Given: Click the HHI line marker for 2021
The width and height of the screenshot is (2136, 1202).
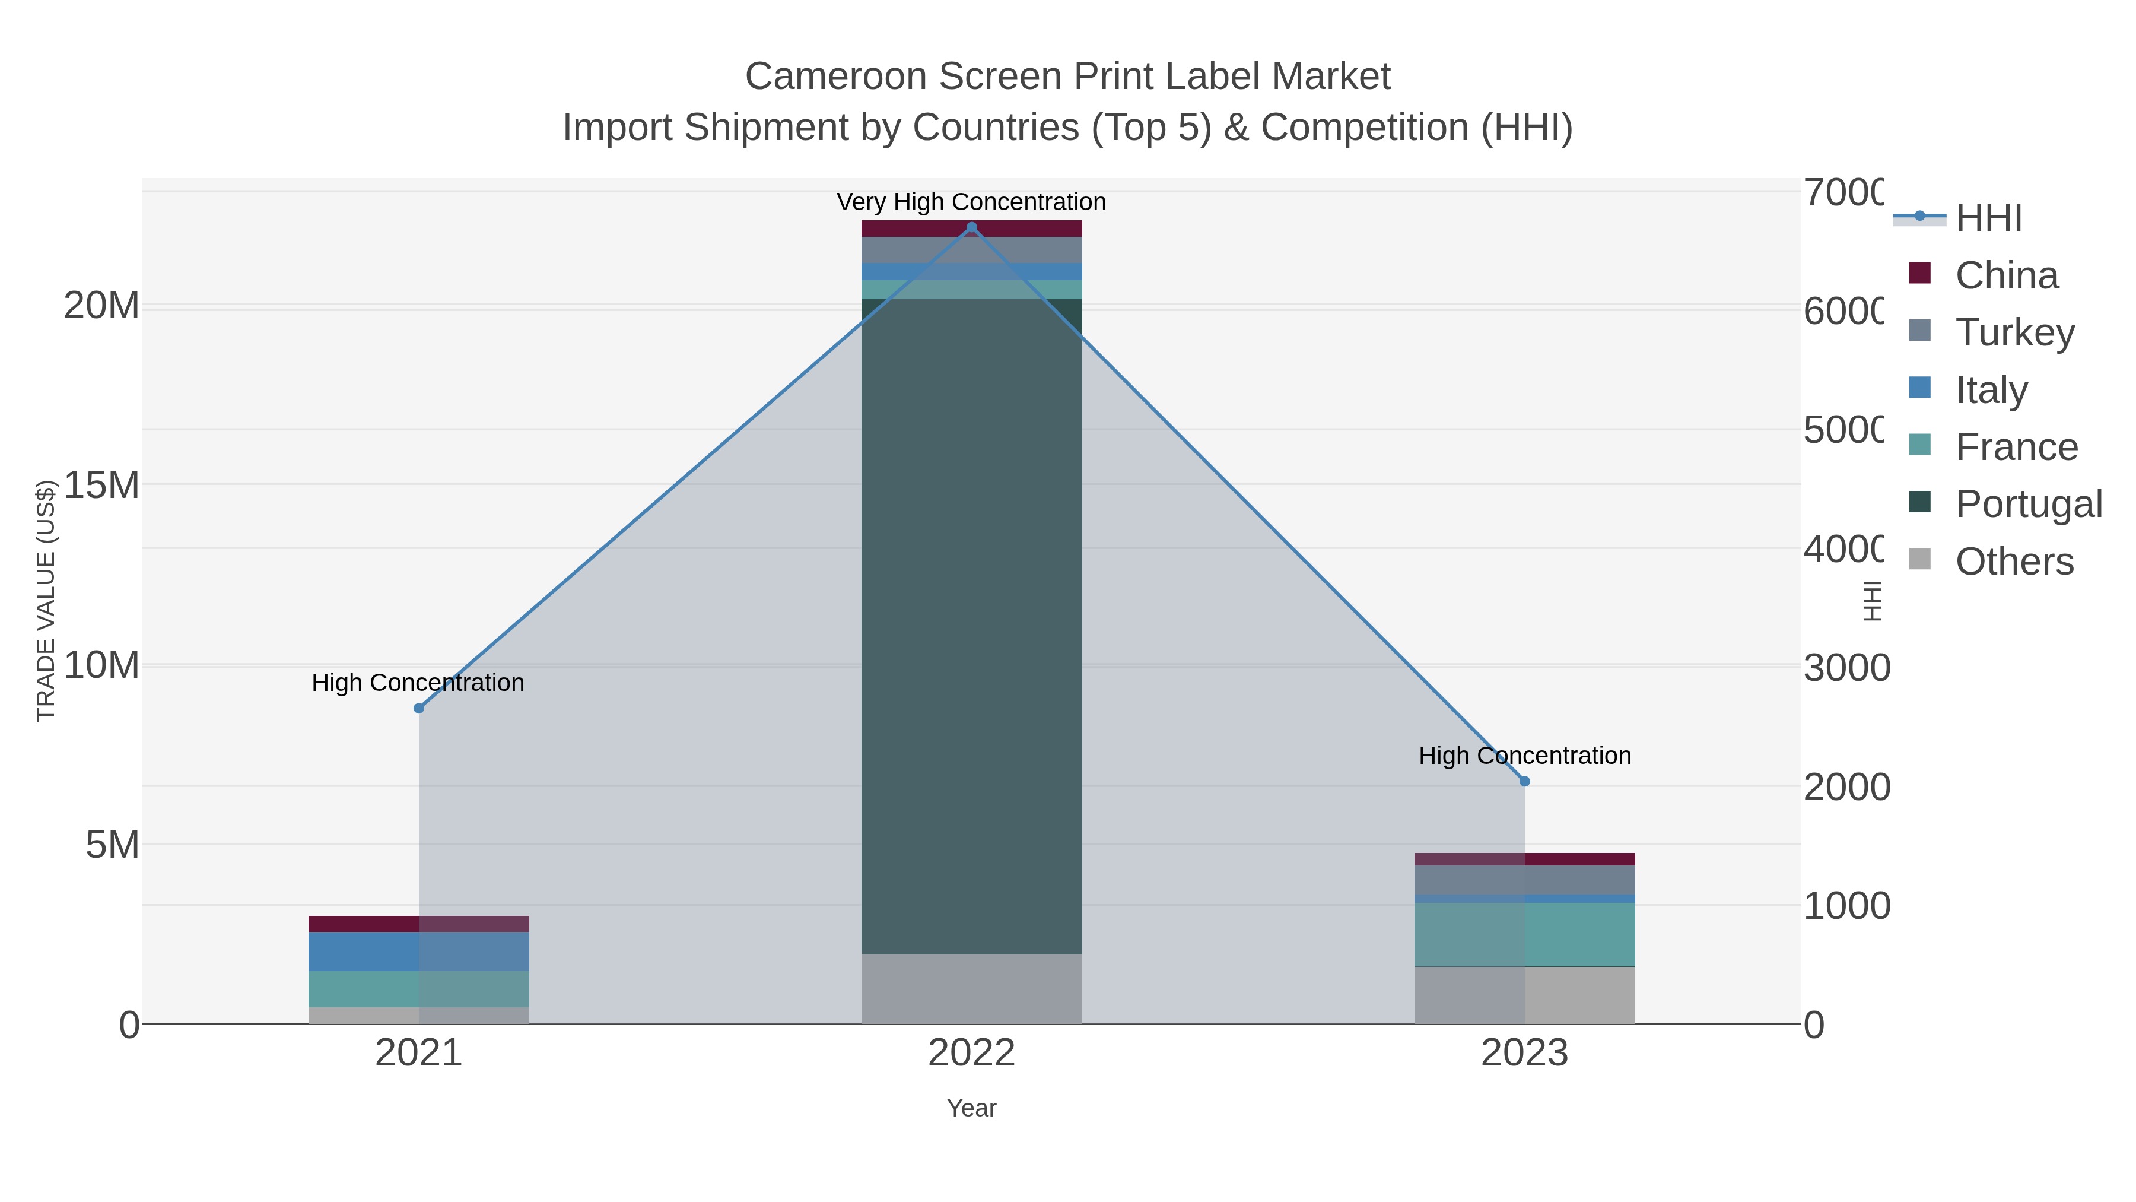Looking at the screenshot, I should (419, 708).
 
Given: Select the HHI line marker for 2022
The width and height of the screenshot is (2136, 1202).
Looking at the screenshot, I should (972, 227).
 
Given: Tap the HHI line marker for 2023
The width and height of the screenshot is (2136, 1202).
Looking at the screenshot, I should (1524, 781).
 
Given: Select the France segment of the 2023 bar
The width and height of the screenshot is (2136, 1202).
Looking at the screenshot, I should (1524, 934).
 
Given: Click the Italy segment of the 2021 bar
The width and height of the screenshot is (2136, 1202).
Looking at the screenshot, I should (419, 951).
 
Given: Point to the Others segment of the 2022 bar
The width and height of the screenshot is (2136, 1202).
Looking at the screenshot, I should (972, 989).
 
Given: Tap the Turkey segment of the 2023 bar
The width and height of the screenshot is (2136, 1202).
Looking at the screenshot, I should (1524, 880).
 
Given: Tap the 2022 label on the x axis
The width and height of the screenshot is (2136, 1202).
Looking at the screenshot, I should (972, 1054).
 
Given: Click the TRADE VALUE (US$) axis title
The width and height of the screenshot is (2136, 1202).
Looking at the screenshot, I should (46, 601).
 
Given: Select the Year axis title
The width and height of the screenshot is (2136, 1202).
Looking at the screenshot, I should (972, 1108).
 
